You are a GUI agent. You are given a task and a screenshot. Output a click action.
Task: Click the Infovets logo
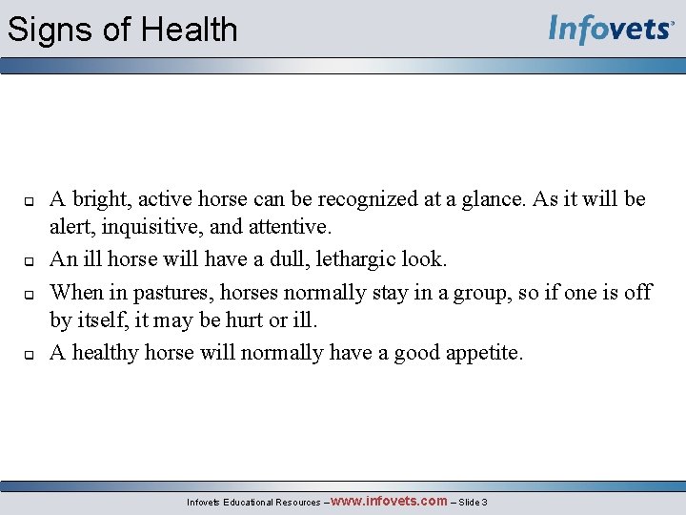point(610,30)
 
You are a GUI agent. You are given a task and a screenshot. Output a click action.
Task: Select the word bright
point(100,199)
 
